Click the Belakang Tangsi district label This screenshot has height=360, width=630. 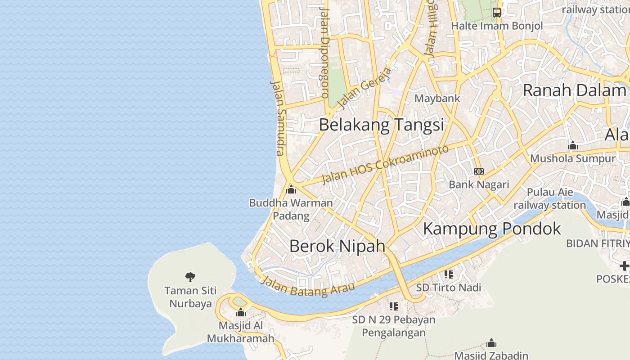tap(381, 125)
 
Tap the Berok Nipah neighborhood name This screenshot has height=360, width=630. tap(337, 246)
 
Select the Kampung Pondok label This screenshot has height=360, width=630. tap(492, 229)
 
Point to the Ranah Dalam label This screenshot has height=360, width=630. tap(574, 90)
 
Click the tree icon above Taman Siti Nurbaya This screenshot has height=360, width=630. tap(190, 277)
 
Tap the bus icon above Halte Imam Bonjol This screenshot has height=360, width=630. tap(496, 13)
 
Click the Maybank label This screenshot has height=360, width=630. tap(437, 98)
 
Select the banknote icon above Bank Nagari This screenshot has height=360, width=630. tap(479, 171)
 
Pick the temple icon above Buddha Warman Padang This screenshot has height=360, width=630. tap(291, 189)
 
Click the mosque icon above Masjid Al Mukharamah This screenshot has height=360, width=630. tap(241, 312)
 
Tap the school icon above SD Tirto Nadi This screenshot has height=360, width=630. tap(448, 274)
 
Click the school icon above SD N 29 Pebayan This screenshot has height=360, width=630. tap(394, 306)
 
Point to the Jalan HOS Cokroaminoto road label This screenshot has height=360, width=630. tap(386, 164)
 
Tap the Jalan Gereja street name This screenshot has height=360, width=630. tap(364, 88)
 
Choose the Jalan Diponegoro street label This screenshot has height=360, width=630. tap(324, 53)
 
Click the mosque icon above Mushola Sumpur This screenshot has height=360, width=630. tap(572, 145)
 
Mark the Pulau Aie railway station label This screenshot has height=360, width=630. tap(549, 199)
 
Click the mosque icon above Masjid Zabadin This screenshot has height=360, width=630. tap(491, 343)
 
